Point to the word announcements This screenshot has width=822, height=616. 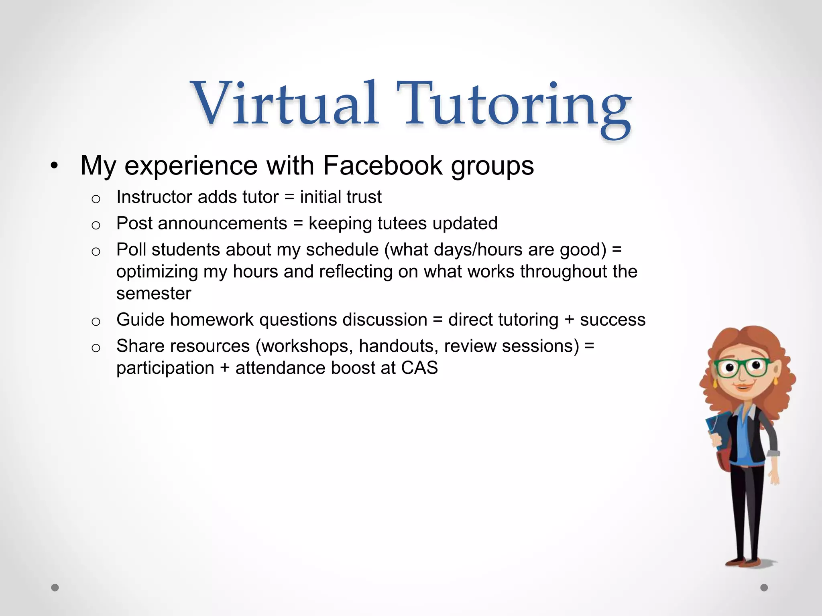[x=223, y=223]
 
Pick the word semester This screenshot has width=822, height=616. [x=154, y=293]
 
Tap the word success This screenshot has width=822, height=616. [x=612, y=320]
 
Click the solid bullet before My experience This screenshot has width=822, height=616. [x=55, y=166]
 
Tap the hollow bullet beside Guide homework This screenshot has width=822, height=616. [x=96, y=321]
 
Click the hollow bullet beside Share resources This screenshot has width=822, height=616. [x=96, y=347]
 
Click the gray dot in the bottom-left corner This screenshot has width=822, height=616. [x=55, y=588]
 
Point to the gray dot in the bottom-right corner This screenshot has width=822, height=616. [x=764, y=588]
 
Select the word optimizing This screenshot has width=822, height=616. [x=157, y=272]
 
